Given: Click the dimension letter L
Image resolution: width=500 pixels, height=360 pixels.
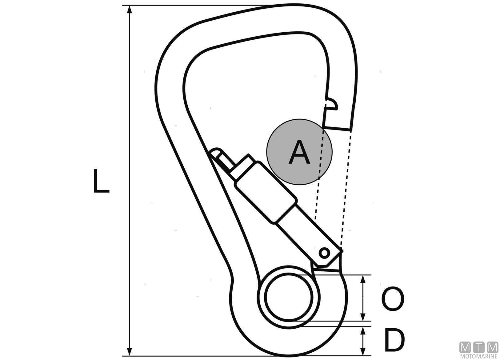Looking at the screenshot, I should click(101, 181).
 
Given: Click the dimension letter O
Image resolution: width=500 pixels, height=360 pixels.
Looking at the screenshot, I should click(392, 299).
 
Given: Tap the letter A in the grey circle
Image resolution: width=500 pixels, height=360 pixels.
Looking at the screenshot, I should click(299, 152).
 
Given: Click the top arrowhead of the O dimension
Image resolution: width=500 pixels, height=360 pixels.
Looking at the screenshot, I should click(363, 279).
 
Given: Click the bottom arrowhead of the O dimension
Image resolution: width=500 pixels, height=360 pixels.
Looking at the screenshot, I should click(363, 317).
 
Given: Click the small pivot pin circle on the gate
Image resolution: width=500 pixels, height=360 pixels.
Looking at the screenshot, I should click(324, 253).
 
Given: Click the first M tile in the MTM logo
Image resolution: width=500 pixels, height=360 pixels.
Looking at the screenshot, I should click(466, 347).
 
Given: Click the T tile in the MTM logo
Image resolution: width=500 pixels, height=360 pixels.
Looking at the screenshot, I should click(479, 347).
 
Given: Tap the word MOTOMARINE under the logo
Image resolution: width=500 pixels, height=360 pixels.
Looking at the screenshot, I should click(479, 357).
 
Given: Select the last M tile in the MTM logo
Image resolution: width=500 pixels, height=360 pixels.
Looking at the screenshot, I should click(492, 347).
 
